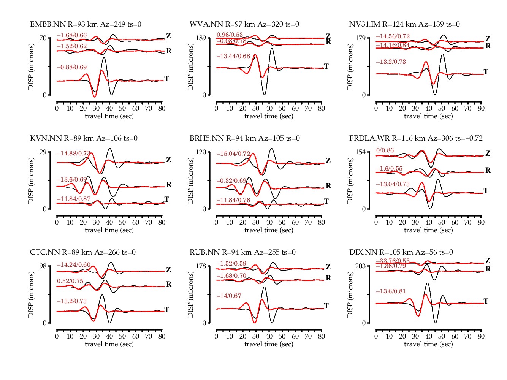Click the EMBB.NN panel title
tap(86, 24)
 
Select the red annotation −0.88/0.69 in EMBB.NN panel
tap(72, 67)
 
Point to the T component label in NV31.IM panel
tap(486, 71)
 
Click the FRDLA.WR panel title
tap(416, 138)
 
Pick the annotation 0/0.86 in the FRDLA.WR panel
tap(385, 150)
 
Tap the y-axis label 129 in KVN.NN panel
tap(41, 152)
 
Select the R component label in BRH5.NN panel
tap(328, 186)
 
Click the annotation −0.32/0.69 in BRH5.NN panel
tap(231, 181)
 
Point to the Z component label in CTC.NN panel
tap(168, 270)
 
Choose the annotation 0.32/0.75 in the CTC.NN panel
tap(70, 281)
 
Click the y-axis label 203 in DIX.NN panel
tap(360, 266)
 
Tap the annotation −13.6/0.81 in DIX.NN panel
tap(391, 291)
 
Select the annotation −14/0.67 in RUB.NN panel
tap(229, 296)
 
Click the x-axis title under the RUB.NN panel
tap(269, 344)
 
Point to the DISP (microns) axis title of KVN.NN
tap(31, 180)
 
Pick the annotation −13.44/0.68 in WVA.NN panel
tap(233, 56)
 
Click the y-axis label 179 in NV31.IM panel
tap(360, 38)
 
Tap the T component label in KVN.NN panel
tap(166, 199)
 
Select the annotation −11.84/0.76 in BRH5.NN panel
tap(233, 200)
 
